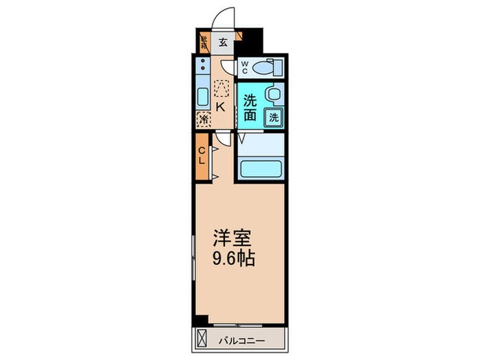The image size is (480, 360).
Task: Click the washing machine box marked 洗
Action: pos(274,117)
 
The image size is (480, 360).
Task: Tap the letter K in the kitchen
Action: pos(221,106)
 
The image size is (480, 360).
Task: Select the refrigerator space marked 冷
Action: pos(204,119)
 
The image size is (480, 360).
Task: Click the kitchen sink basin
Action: pos(203,96)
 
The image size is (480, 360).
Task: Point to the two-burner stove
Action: pos(203,68)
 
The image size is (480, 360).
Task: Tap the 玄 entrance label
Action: pos(224,42)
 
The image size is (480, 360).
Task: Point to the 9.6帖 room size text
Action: pos(234,260)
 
